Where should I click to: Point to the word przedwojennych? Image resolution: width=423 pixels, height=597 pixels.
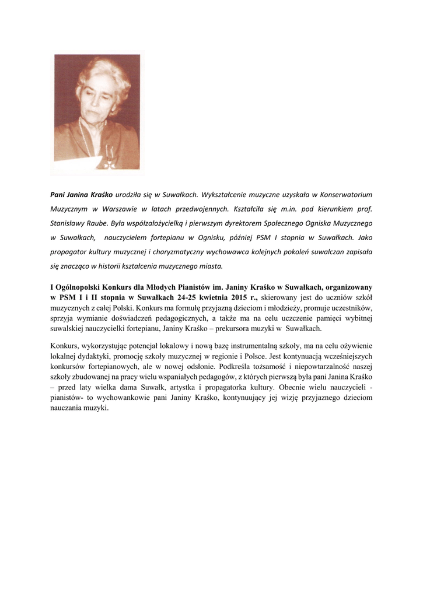pyautogui.click(x=195, y=208)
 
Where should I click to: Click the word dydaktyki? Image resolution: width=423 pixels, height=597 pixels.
pyautogui.click(x=96, y=356)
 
